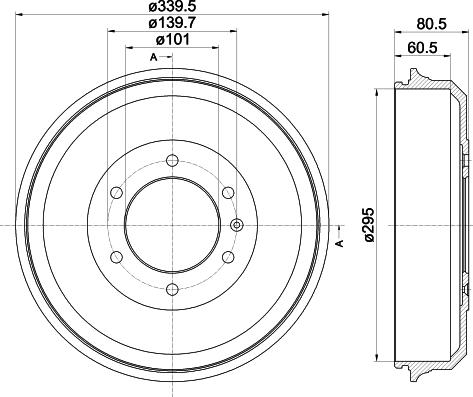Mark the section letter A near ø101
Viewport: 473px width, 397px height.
[x=154, y=56]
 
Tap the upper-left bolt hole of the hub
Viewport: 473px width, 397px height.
[x=116, y=192]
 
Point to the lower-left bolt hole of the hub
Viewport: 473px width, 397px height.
[x=116, y=257]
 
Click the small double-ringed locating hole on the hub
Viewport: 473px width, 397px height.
[x=237, y=224]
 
